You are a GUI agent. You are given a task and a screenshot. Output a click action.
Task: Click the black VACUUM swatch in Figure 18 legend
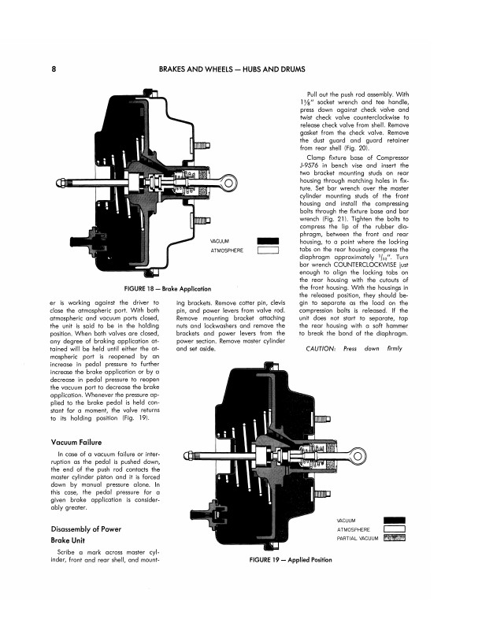(268, 241)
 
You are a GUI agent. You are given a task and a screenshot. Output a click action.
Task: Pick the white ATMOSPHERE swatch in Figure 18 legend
(268, 250)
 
